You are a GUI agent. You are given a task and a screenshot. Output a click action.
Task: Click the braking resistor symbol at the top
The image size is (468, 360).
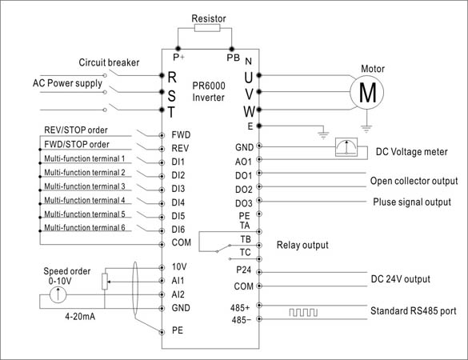click(x=207, y=28)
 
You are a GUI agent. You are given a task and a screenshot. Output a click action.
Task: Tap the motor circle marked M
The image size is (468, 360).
click(x=367, y=92)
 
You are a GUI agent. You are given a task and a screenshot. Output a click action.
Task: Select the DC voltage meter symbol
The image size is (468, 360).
click(x=346, y=147)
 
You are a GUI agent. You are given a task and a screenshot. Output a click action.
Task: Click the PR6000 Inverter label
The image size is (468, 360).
click(x=209, y=92)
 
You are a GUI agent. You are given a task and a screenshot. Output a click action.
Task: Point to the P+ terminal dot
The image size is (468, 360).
click(x=178, y=49)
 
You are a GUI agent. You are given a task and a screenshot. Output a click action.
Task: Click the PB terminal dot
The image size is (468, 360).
click(x=232, y=49)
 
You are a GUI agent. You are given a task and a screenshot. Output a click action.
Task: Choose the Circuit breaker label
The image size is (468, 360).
click(x=109, y=62)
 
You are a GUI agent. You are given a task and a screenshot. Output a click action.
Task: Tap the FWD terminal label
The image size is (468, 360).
click(x=181, y=135)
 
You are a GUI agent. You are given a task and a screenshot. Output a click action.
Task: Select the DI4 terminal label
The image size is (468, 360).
click(x=178, y=202)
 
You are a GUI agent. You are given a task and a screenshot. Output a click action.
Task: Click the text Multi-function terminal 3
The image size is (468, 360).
click(x=85, y=186)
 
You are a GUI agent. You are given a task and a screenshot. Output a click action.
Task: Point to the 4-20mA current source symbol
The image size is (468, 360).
click(x=58, y=294)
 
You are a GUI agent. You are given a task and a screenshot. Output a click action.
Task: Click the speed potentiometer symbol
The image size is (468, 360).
click(x=105, y=282)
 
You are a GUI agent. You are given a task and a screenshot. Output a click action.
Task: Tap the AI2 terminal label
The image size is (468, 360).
click(x=178, y=294)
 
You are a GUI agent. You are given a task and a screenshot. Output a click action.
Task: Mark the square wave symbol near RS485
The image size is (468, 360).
click(x=303, y=313)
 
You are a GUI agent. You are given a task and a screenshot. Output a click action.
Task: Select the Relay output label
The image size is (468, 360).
click(x=302, y=245)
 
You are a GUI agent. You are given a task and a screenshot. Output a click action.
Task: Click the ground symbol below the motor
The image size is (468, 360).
click(x=366, y=129)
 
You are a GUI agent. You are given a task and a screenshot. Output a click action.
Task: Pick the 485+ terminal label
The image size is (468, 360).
click(x=240, y=307)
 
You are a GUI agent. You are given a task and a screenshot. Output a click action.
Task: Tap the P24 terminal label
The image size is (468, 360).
click(x=243, y=270)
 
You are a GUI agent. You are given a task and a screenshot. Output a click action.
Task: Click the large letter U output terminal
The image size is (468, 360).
click(x=249, y=78)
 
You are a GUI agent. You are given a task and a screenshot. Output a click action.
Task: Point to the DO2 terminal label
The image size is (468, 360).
click(x=243, y=190)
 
